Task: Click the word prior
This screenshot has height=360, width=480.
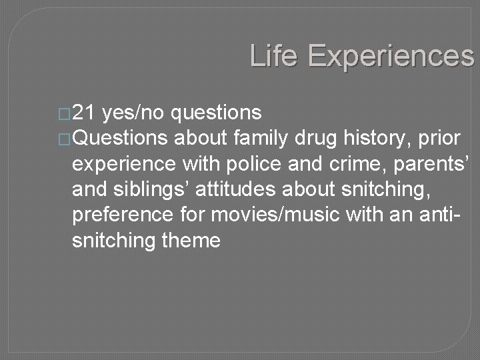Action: pyautogui.click(x=440, y=139)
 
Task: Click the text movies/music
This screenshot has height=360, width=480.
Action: pyautogui.click(x=281, y=215)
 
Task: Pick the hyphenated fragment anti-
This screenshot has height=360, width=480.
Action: pyautogui.click(x=445, y=215)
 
